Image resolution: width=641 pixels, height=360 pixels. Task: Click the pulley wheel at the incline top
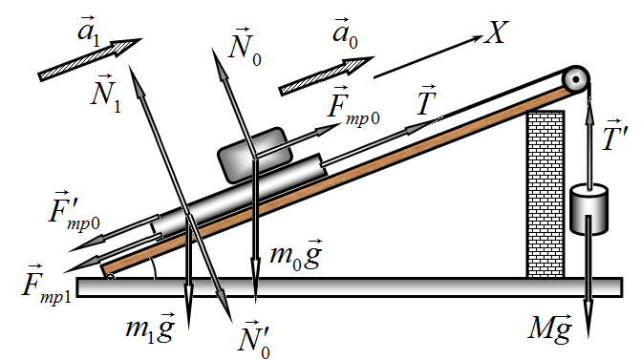click(x=576, y=79)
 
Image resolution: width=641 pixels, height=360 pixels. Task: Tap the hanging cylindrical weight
click(x=588, y=210)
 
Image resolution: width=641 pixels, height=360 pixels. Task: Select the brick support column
click(x=545, y=195)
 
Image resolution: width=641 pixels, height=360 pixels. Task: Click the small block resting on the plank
click(x=255, y=155)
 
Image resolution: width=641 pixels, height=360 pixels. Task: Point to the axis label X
click(x=497, y=32)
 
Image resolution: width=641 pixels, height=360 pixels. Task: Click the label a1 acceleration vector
click(x=89, y=32)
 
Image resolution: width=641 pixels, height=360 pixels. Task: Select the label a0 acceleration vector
click(x=346, y=32)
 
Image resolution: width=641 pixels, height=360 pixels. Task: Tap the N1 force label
click(x=106, y=94)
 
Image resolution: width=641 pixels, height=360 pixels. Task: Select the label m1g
click(x=150, y=327)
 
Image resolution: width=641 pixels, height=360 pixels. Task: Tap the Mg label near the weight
click(x=550, y=328)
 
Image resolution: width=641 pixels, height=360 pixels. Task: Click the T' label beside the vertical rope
click(x=615, y=136)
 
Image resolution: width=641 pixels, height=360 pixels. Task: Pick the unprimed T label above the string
click(x=426, y=100)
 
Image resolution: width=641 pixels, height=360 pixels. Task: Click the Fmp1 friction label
click(x=46, y=284)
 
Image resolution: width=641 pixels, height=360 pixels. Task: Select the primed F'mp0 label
click(x=74, y=211)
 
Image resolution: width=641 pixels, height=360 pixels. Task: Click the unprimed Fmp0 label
click(x=353, y=107)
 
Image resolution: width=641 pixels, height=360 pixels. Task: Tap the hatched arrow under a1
click(x=91, y=59)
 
